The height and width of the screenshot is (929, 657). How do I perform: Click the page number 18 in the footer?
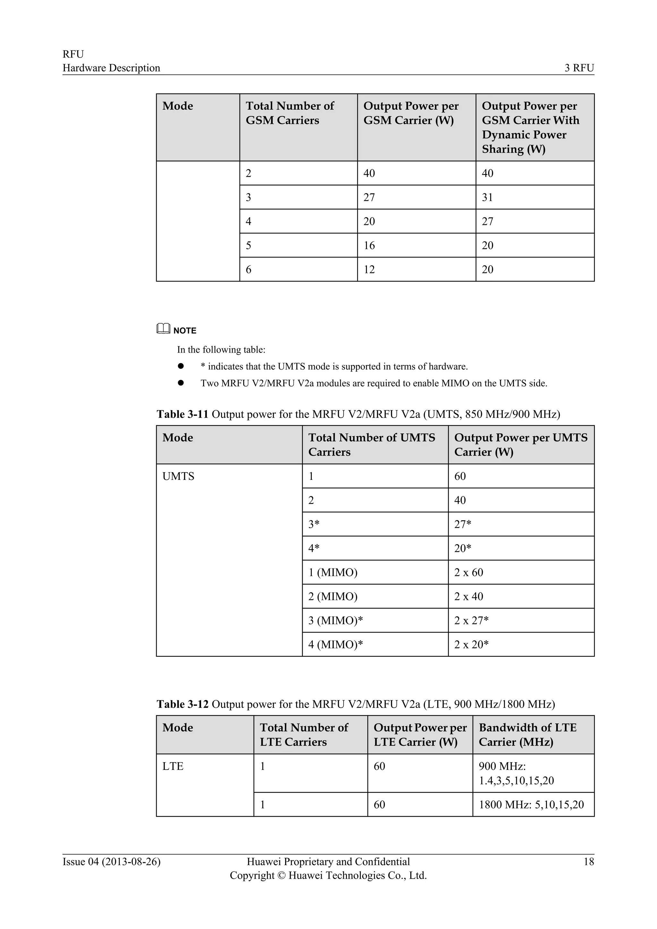589,862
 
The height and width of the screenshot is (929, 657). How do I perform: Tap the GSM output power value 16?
369,246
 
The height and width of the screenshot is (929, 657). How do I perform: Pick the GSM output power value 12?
369,269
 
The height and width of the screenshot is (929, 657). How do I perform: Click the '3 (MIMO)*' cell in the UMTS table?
335,621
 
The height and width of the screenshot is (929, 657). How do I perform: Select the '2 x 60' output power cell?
468,573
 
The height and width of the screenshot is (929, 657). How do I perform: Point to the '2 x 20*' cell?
471,644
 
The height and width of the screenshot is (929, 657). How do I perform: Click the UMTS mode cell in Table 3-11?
178,476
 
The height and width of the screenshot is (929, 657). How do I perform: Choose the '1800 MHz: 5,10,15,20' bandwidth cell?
531,805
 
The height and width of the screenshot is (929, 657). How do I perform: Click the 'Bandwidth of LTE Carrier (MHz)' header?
527,735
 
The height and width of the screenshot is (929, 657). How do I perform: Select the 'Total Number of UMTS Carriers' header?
371,445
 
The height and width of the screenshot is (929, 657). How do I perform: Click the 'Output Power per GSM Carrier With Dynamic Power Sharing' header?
530,127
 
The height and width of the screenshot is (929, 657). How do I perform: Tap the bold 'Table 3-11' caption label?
182,414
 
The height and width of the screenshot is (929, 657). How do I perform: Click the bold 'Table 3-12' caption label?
182,704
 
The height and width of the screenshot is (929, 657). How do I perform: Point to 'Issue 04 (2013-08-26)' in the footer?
111,862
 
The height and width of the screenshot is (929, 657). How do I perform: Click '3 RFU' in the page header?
579,68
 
